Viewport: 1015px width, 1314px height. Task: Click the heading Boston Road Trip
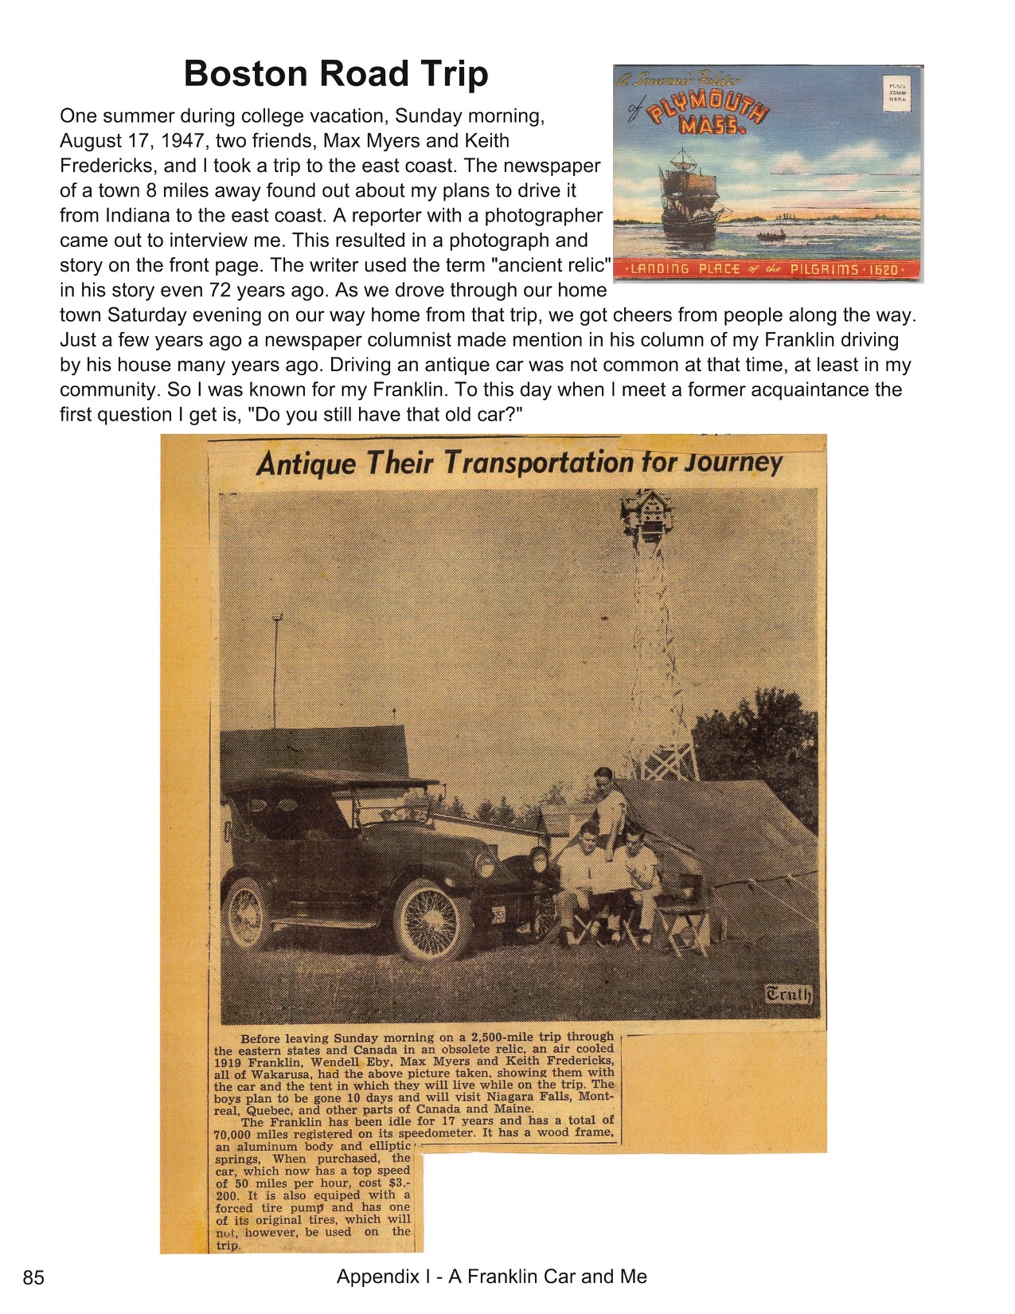pos(335,74)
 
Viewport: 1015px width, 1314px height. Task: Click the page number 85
pos(33,1278)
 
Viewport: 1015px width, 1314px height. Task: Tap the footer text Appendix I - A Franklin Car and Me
pos(491,1277)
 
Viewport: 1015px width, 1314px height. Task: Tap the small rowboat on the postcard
pos(771,236)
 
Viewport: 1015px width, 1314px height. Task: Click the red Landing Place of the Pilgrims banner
pos(767,270)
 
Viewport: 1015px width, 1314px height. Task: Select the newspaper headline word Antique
pos(306,463)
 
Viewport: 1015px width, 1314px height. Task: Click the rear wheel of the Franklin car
pos(248,912)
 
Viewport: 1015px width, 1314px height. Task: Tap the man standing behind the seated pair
pos(607,804)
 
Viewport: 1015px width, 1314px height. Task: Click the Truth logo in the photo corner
pos(788,994)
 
